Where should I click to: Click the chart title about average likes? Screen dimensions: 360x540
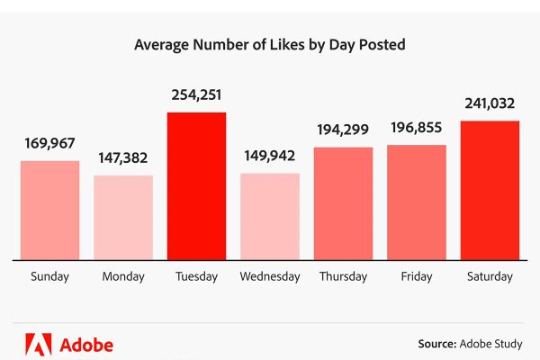[x=269, y=43]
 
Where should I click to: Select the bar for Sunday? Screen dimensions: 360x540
[x=50, y=211]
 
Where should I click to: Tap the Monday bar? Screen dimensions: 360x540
[x=123, y=218]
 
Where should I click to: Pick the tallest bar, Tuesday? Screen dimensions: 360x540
[x=196, y=186]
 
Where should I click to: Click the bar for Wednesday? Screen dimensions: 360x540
[x=270, y=217]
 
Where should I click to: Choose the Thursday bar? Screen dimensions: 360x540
[x=343, y=203]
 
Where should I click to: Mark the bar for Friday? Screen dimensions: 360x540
[x=417, y=202]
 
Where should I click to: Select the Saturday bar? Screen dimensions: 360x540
[x=490, y=190]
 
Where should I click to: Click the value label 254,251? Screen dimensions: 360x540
[x=196, y=94]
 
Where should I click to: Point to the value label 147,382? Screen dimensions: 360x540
[x=123, y=157]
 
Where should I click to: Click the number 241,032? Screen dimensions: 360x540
[x=490, y=103]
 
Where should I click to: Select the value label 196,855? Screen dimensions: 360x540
[x=417, y=128]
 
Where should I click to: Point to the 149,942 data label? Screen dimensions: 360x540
[x=270, y=155]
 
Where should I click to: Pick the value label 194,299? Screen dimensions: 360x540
[x=343, y=130]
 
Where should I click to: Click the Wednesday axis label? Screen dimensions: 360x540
[x=270, y=277]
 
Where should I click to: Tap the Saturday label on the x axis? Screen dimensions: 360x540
[x=490, y=277]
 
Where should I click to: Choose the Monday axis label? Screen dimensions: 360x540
[x=123, y=277]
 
